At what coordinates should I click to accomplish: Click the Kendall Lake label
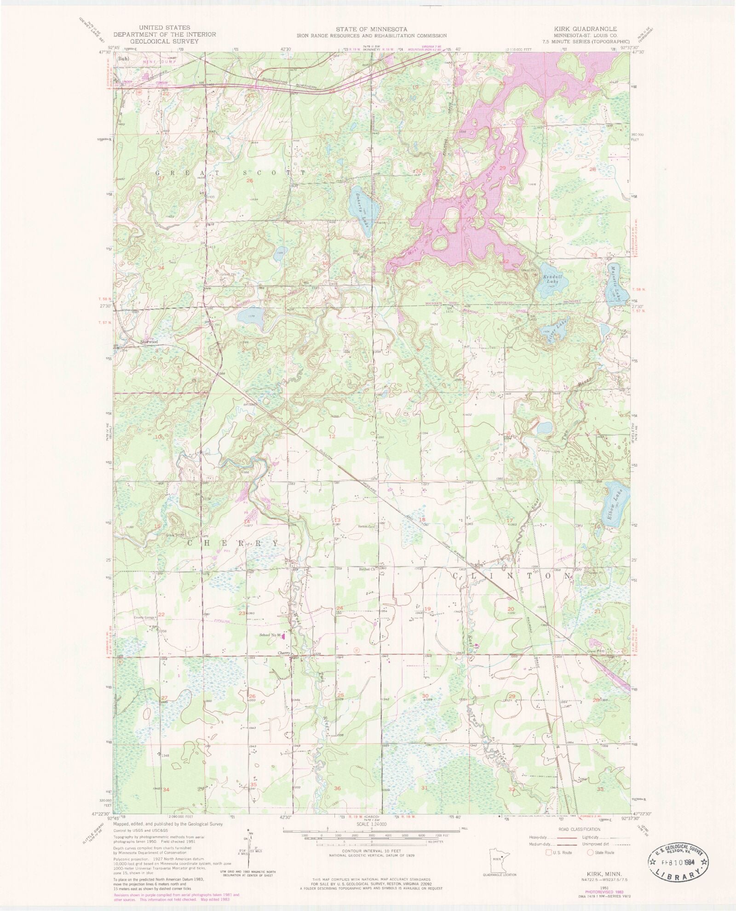click(x=550, y=279)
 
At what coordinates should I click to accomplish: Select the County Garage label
click(x=144, y=618)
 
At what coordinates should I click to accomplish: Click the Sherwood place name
click(x=149, y=342)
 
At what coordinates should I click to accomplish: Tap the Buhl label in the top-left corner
click(x=123, y=59)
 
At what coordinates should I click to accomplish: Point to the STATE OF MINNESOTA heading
click(x=371, y=29)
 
